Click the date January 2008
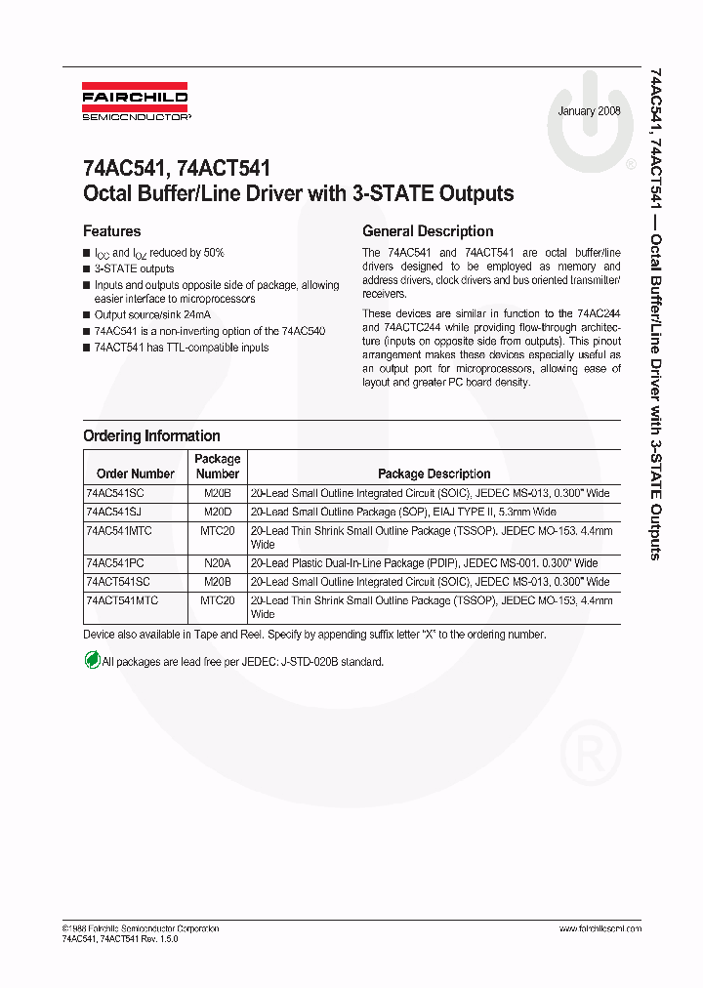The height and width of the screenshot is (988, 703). click(590, 111)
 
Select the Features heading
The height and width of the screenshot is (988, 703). click(111, 231)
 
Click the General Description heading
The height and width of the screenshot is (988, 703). click(428, 231)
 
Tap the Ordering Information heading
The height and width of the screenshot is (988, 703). click(151, 435)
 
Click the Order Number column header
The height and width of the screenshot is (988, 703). click(136, 473)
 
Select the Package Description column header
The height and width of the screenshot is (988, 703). click(434, 473)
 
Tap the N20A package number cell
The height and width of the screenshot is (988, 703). click(217, 563)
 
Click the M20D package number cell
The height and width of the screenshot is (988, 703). click(217, 512)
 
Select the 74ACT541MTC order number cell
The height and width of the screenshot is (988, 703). click(122, 600)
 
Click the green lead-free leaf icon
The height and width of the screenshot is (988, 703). click(92, 661)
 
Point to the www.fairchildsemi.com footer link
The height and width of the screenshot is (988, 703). click(600, 928)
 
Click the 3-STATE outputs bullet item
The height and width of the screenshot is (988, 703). click(134, 268)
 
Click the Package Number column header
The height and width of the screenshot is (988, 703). click(217, 466)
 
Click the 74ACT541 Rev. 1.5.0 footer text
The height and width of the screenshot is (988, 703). click(120, 938)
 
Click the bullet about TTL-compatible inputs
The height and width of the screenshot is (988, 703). click(181, 348)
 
